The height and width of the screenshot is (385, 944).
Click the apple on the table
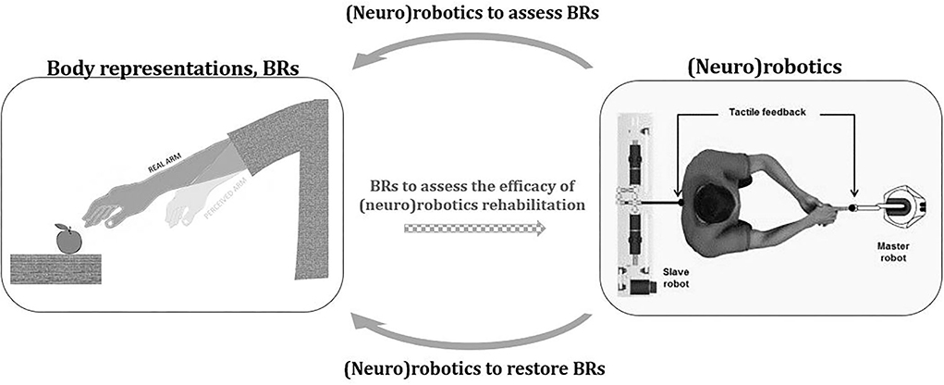point(67,241)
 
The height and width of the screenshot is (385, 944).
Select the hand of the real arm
point(106,211)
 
